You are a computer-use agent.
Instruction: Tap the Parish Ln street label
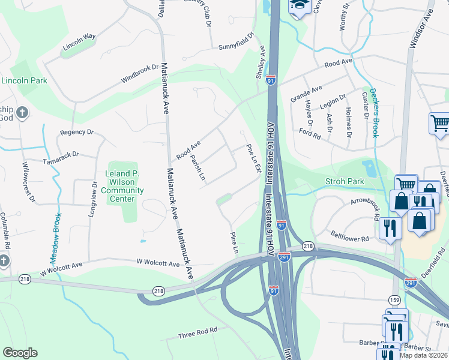pyautogui.click(x=198, y=169)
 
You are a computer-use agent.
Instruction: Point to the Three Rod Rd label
pyautogui.click(x=197, y=333)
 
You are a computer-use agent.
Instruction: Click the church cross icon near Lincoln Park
pyautogui.click(x=22, y=113)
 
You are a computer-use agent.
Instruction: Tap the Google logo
pyautogui.click(x=20, y=353)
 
